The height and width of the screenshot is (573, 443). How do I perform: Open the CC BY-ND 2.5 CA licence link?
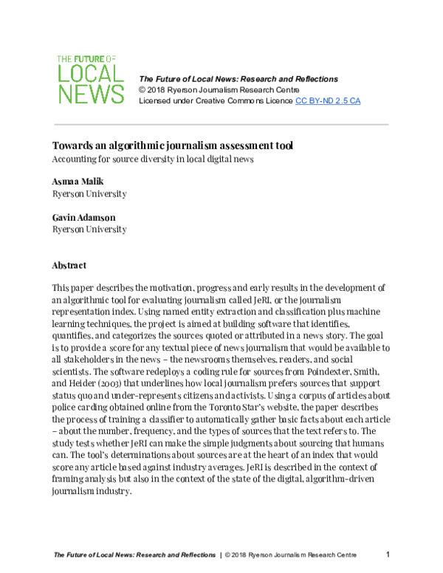click(x=328, y=100)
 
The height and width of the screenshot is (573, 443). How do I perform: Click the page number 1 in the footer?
click(x=388, y=554)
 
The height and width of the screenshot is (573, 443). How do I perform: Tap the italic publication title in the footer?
click(x=134, y=554)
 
